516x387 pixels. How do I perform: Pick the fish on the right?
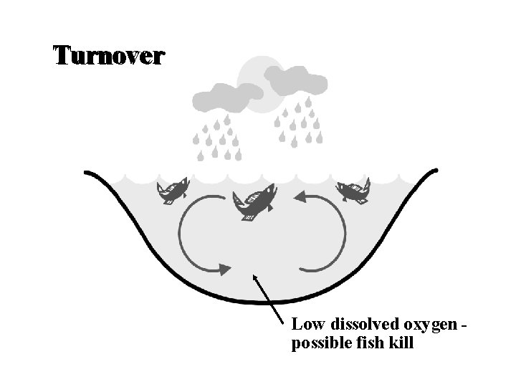click(353, 191)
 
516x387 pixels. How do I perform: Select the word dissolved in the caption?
click(354, 325)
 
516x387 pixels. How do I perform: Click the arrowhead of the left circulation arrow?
click(224, 269)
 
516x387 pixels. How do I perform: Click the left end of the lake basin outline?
click(87, 173)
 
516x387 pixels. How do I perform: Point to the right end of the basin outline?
click(435, 171)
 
